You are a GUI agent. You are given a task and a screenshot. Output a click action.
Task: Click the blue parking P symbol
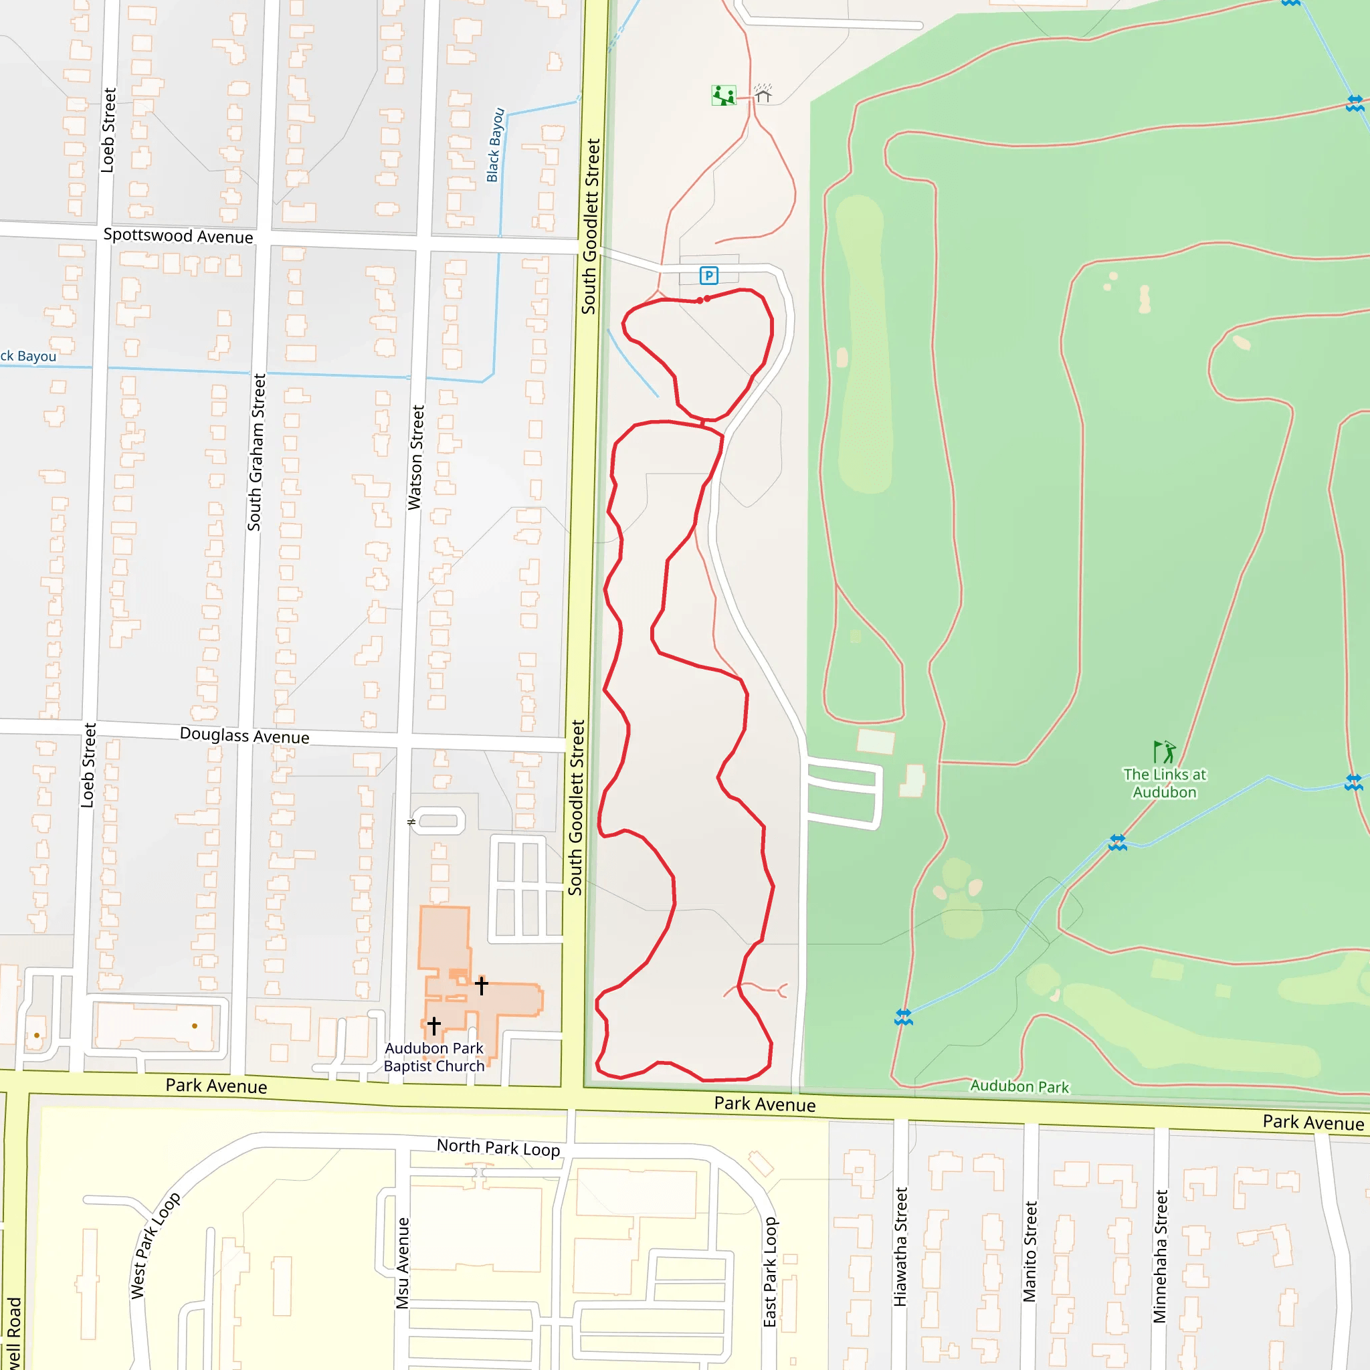(x=708, y=275)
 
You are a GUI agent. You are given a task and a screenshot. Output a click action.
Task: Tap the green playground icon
(x=723, y=95)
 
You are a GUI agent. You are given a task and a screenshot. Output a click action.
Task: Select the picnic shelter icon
(x=763, y=93)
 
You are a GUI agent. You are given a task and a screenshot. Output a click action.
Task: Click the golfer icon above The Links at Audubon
(x=1164, y=752)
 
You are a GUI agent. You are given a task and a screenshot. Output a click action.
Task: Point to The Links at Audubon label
(x=1165, y=783)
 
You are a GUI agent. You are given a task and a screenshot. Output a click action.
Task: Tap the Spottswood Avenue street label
(x=178, y=235)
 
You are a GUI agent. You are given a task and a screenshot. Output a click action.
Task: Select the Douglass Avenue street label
(x=245, y=735)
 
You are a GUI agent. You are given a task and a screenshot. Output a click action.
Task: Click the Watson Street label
(x=415, y=458)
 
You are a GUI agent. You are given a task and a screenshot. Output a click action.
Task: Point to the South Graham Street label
(x=256, y=452)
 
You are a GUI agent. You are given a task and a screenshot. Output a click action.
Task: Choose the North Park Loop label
(x=498, y=1147)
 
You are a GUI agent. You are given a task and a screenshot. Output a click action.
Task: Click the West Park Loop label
(x=155, y=1245)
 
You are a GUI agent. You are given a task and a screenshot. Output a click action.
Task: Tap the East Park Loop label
(x=771, y=1272)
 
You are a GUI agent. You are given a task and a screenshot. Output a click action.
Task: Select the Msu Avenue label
(x=403, y=1263)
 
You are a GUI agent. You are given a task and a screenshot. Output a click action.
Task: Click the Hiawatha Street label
(x=900, y=1247)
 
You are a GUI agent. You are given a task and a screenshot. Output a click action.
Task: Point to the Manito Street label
(x=1030, y=1251)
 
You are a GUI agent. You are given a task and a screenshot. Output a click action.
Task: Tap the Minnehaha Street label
(x=1160, y=1256)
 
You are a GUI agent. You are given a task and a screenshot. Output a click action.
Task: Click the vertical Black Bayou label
(x=495, y=145)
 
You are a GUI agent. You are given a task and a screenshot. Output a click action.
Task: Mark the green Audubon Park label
(x=1019, y=1086)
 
